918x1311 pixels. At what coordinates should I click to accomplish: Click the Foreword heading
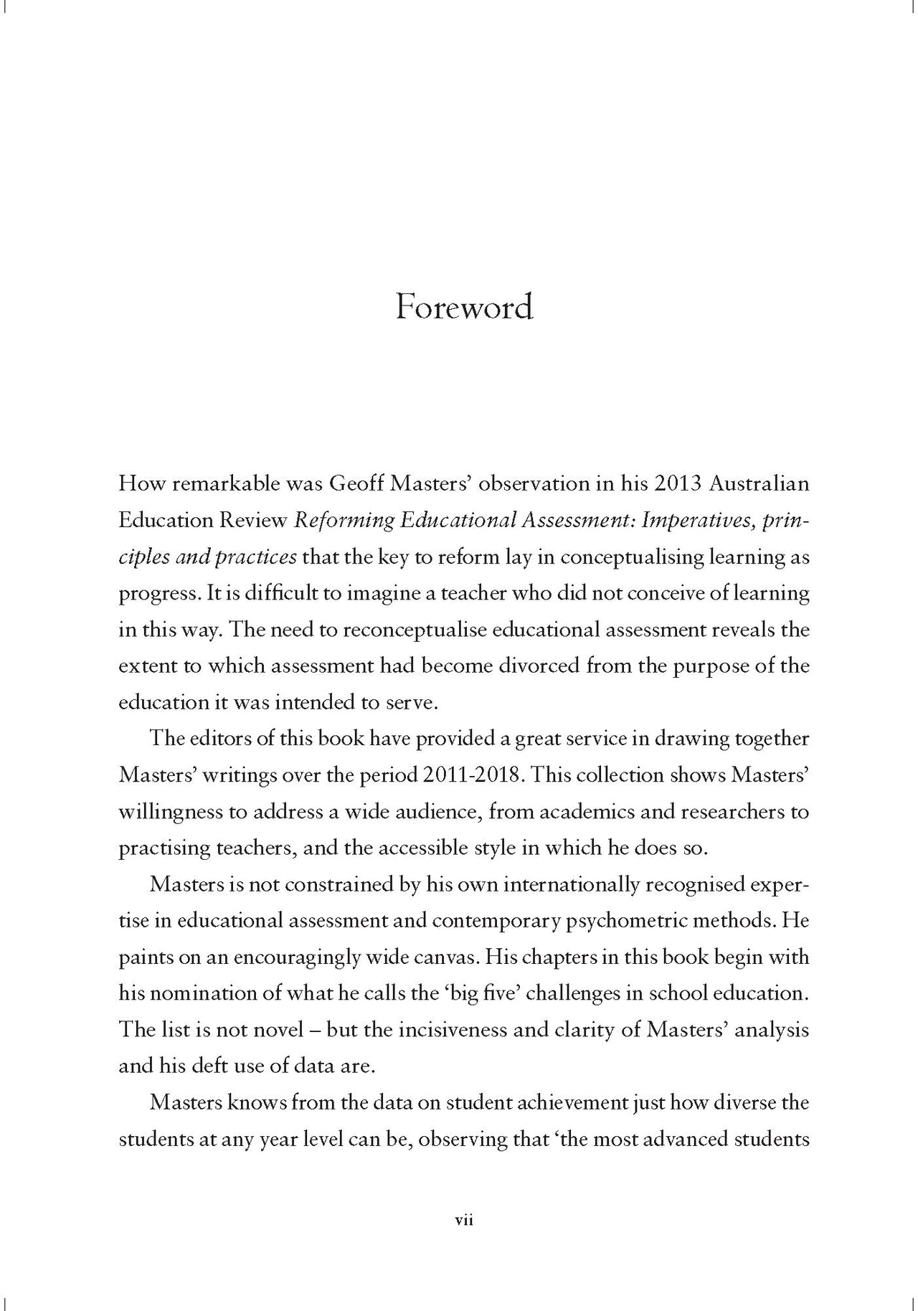coord(464,308)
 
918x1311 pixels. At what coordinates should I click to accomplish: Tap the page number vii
coord(464,1219)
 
